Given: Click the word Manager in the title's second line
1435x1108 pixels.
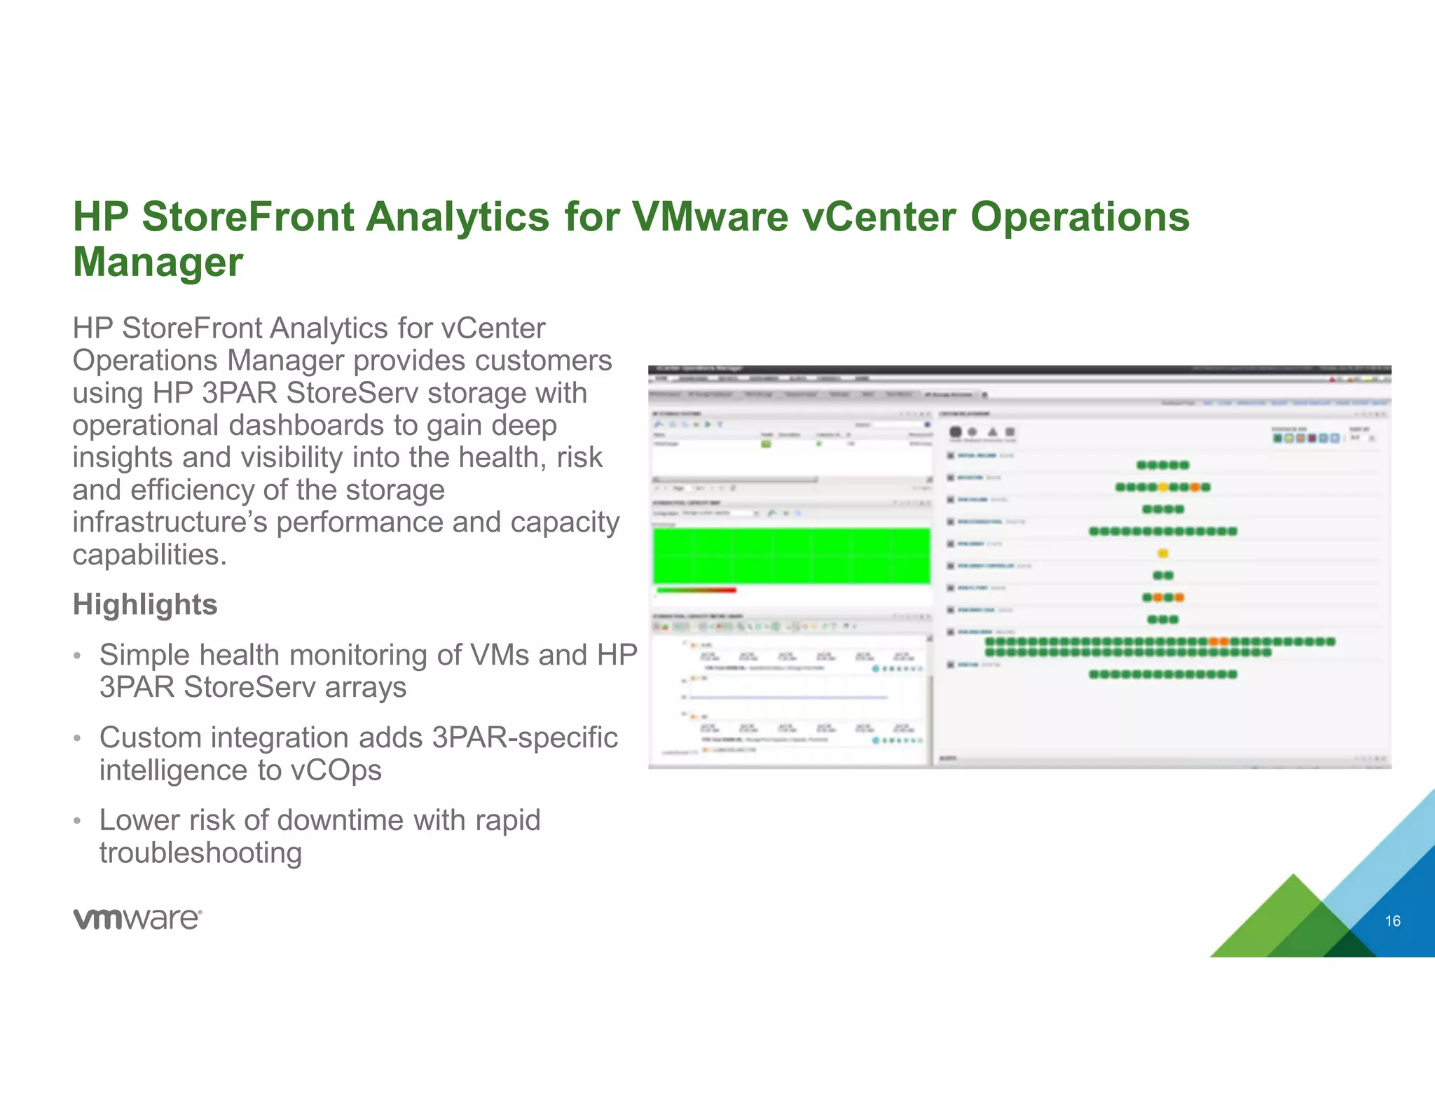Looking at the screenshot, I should [158, 262].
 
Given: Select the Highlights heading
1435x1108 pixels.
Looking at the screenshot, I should [145, 604].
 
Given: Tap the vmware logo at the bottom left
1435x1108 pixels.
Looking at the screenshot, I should [137, 918].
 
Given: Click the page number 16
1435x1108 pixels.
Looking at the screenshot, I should [1392, 921].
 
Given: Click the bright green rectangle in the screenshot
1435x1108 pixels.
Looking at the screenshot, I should [791, 555].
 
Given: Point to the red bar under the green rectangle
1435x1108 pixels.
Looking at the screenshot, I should [696, 590].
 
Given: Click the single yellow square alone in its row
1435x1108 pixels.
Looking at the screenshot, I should [1162, 553].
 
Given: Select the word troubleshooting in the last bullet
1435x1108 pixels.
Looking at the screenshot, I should [200, 853].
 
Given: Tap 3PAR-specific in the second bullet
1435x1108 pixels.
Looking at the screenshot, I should [525, 737].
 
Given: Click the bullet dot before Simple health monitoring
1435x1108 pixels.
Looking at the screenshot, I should [78, 656].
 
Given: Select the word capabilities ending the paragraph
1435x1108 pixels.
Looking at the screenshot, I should [149, 555].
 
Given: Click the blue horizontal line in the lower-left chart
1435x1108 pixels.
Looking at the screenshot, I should [788, 698].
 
